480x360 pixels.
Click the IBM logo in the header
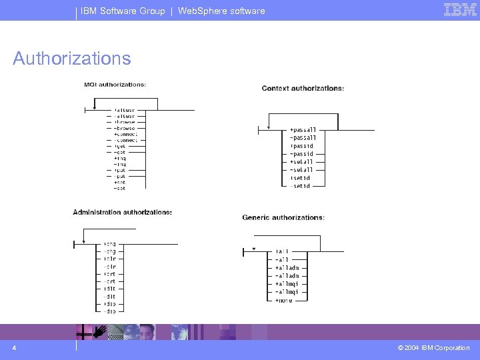tap(461, 10)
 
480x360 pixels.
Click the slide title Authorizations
tap(72, 59)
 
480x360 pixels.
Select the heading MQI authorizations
tap(115, 84)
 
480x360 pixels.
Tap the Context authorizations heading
tap(303, 88)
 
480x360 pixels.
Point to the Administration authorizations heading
tap(122, 212)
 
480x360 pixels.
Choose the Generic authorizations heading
tap(283, 217)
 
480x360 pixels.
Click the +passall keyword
tap(303, 130)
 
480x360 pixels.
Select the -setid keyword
tap(301, 186)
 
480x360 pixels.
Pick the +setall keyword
tap(301, 162)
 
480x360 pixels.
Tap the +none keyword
tap(283, 300)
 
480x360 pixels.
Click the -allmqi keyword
tap(287, 292)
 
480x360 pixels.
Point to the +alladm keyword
tap(287, 267)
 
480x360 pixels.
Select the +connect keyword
tap(126, 134)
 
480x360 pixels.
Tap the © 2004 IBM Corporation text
tap(433, 348)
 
